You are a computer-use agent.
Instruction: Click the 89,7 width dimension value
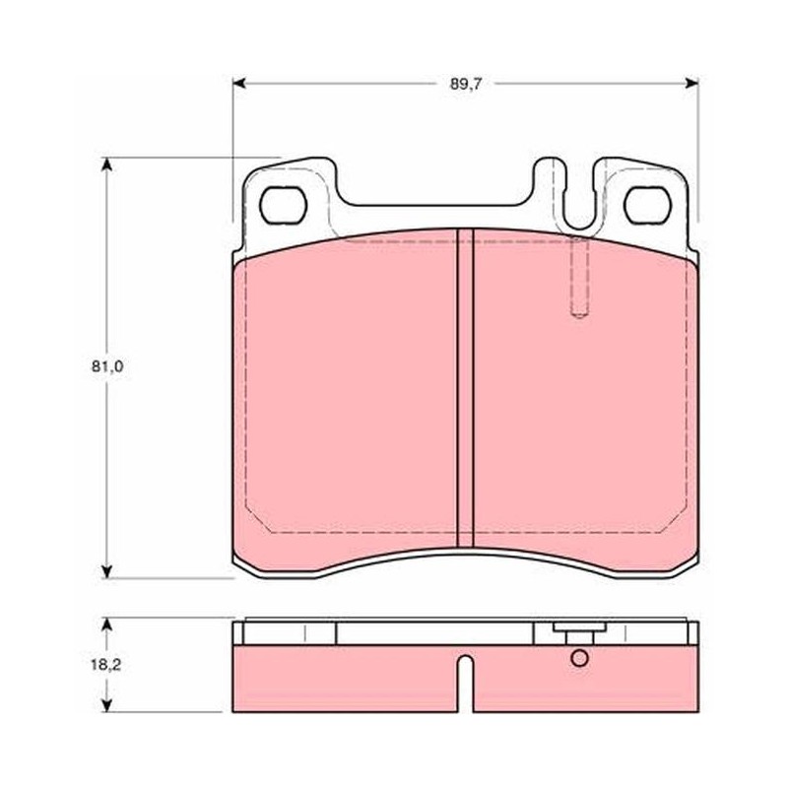point(465,84)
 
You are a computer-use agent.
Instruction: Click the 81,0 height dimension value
point(107,366)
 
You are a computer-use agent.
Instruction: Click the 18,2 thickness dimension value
point(106,665)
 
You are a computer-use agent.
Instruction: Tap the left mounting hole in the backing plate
point(283,205)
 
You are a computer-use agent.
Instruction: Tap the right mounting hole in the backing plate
point(647,205)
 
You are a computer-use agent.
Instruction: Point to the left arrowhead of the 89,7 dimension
point(238,84)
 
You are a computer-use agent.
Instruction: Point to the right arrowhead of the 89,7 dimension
point(692,84)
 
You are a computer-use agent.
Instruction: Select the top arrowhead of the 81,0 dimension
point(106,164)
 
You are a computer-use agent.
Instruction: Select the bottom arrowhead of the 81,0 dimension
point(106,571)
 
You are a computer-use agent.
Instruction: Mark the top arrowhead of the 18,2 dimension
point(106,624)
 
